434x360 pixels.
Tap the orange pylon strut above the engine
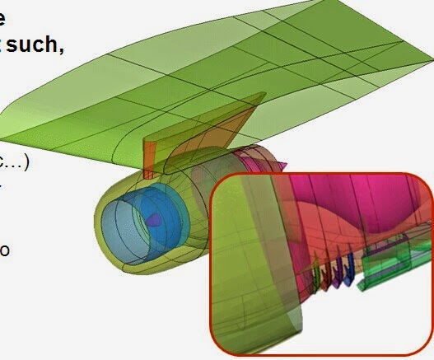click(149, 157)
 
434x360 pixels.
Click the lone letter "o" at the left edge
click(5, 249)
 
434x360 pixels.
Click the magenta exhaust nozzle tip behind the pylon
click(281, 165)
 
